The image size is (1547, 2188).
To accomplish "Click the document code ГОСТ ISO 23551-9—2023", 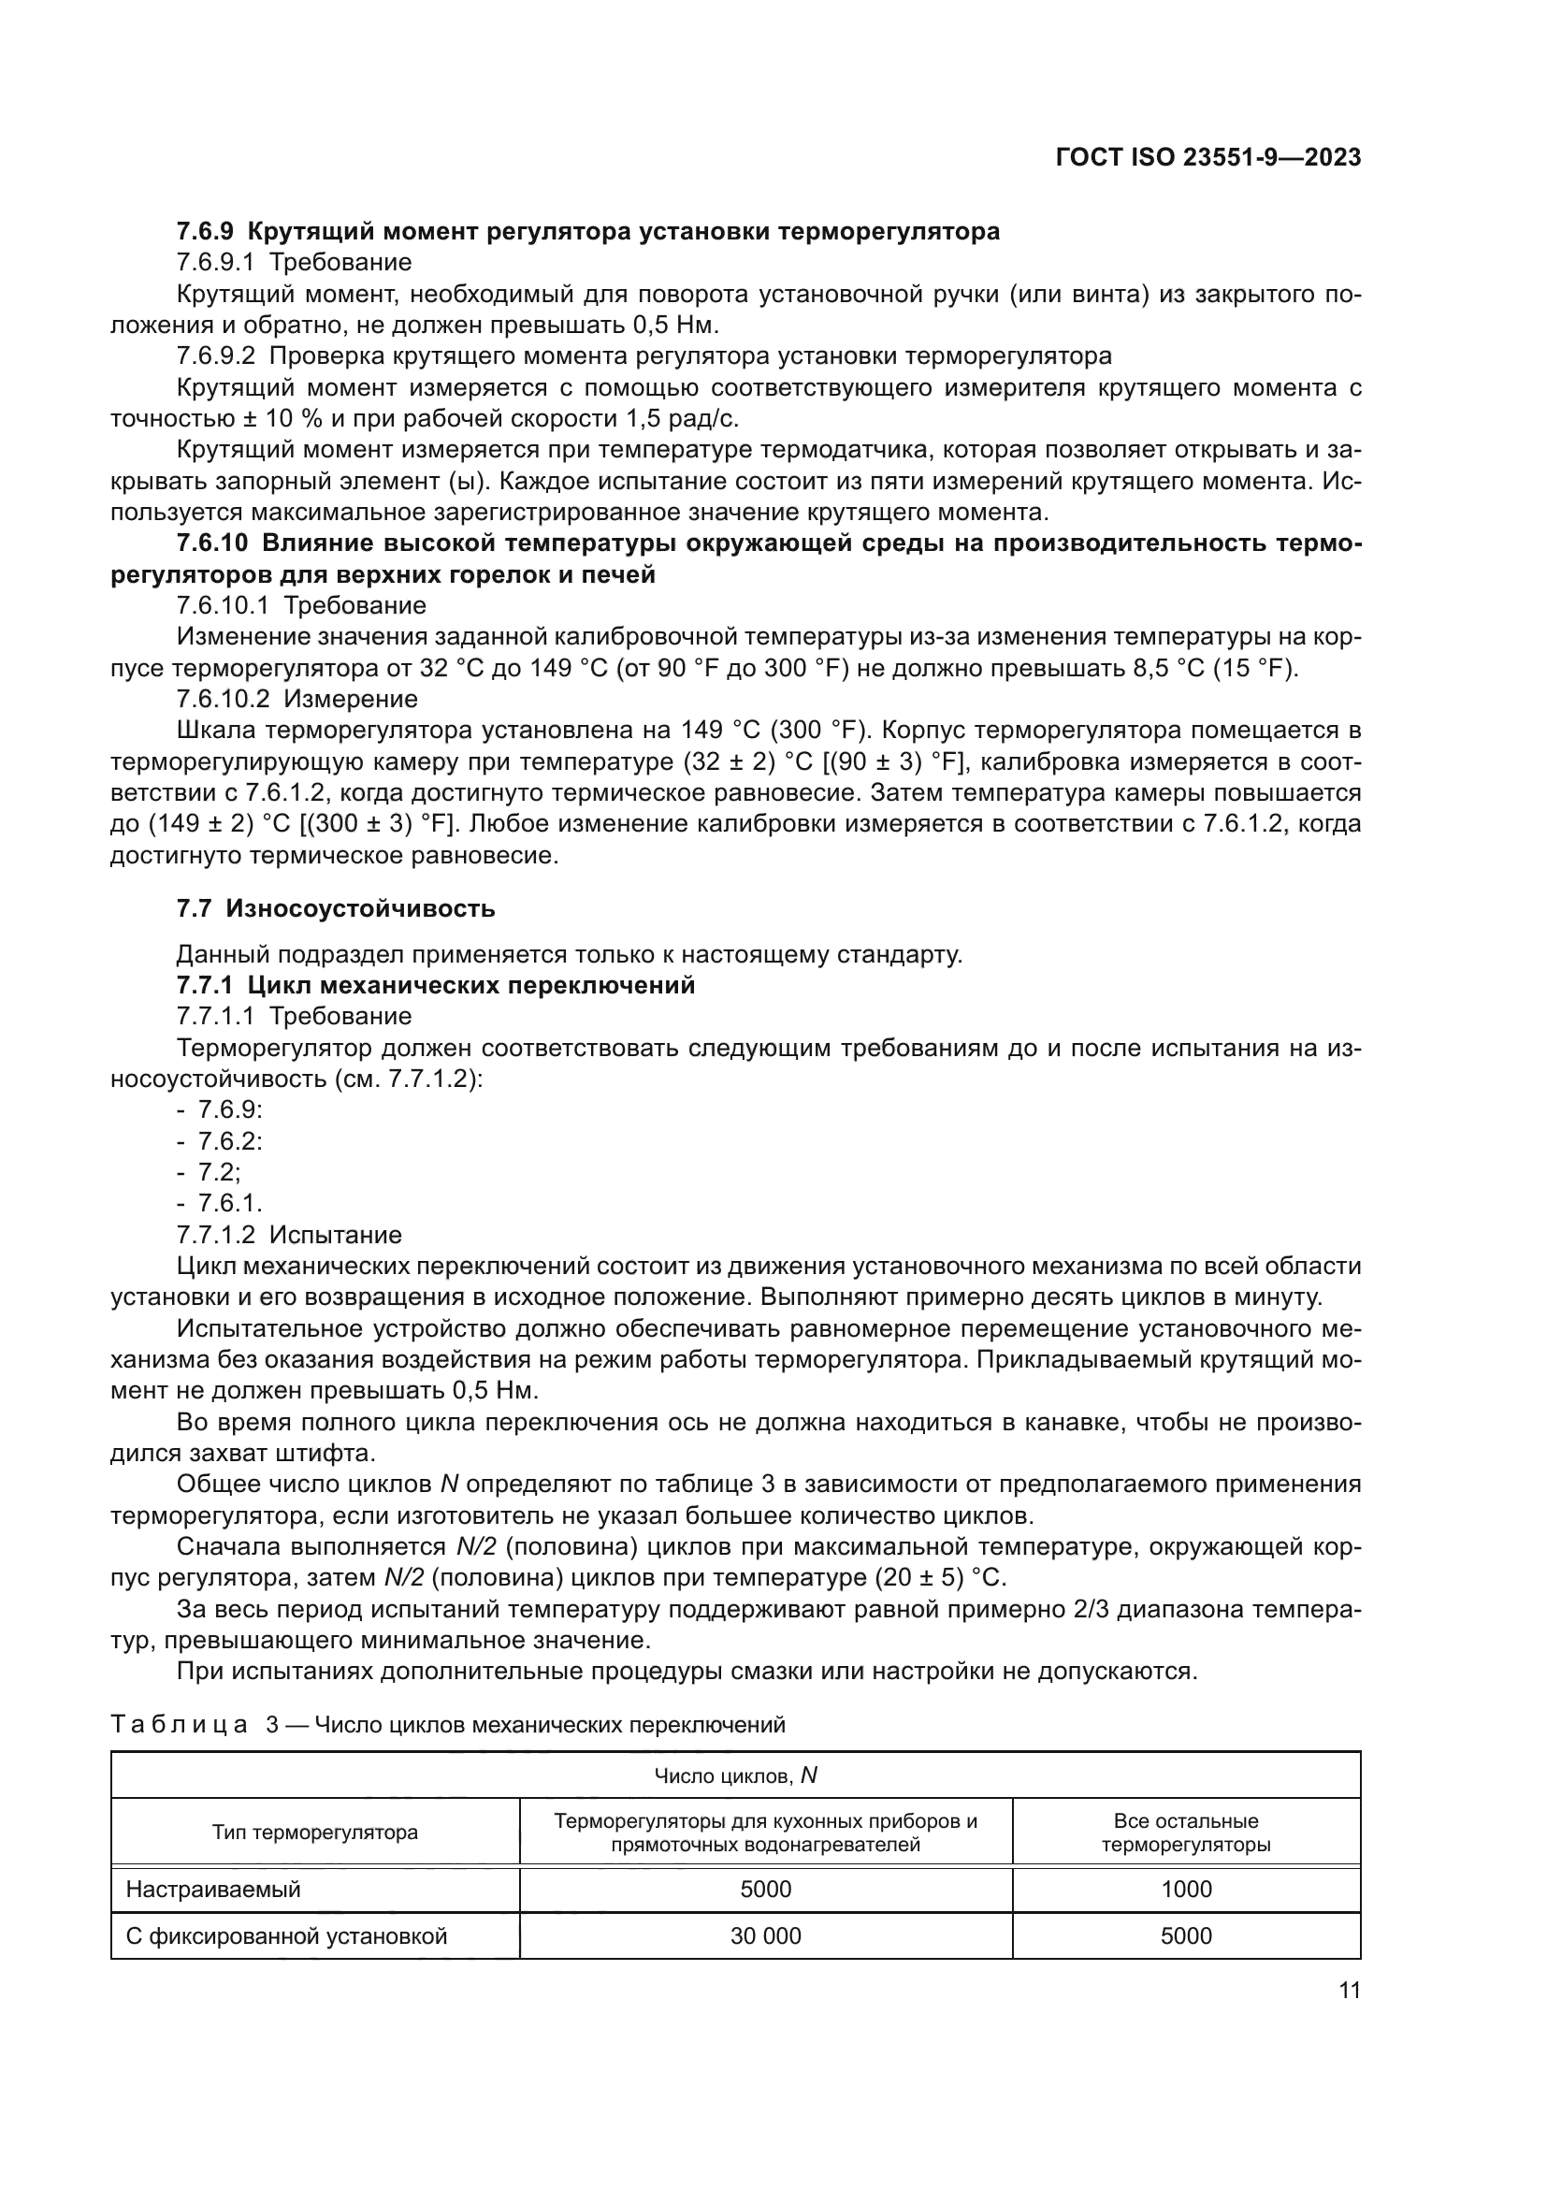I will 1207,157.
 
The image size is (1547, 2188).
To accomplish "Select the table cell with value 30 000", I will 765,1935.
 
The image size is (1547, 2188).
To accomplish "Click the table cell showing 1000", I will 1186,1889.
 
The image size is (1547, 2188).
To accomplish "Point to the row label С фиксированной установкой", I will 287,1935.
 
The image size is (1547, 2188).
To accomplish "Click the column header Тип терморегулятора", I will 314,1832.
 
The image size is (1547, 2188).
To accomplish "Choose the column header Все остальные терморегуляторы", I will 1186,1833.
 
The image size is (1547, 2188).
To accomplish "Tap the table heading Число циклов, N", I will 735,1775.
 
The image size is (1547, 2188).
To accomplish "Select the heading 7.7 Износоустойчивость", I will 336,908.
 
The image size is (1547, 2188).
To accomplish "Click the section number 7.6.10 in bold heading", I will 211,543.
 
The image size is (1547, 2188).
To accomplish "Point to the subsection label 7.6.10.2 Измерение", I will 297,699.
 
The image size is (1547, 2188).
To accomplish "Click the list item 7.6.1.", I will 229,1204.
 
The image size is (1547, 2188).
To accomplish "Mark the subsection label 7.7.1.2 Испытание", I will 289,1235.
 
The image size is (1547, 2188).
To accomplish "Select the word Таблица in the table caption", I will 179,1724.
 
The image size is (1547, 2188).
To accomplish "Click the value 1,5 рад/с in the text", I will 681,418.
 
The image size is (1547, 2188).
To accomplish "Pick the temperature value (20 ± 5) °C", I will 939,1577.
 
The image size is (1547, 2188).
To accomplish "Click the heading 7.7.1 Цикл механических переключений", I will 435,985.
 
